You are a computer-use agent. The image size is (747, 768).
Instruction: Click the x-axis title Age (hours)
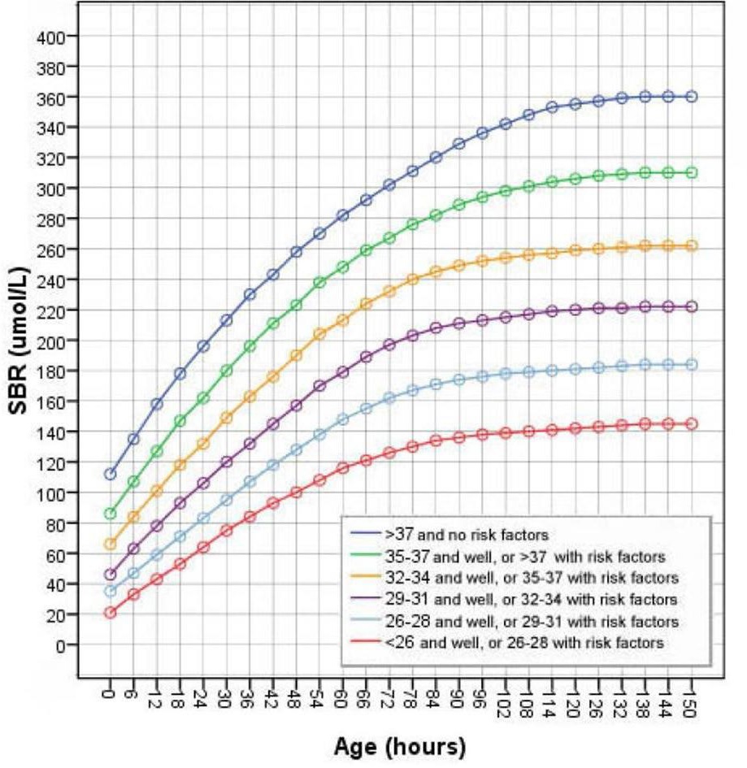coord(400,744)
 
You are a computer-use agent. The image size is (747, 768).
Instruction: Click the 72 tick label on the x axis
coord(389,695)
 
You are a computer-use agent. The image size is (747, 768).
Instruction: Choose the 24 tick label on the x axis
coord(203,695)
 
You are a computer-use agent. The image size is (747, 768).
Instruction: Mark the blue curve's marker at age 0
coord(110,474)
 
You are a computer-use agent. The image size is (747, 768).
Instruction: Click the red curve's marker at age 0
coord(110,613)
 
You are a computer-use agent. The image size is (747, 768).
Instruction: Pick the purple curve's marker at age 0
coord(110,575)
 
